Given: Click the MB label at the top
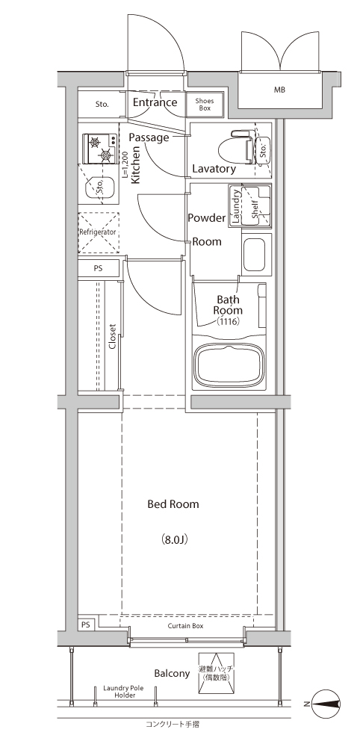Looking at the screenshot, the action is coord(279,90).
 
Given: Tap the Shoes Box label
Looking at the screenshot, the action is coord(205,105).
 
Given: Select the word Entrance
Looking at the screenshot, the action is coord(155,102).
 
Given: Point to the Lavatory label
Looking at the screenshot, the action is coord(214,169).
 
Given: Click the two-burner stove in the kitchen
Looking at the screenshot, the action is coord(101,148).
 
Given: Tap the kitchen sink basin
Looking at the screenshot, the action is coord(99,187).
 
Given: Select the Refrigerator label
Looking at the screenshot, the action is coord(98,232).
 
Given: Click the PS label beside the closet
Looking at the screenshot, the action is coord(98,268).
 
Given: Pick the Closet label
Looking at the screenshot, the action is coord(113,337).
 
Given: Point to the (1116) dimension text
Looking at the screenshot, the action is coord(228,321).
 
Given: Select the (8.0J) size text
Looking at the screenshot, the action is coord(173,540).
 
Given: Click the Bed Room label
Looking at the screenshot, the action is coord(173,504).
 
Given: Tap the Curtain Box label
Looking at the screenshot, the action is coord(186,625).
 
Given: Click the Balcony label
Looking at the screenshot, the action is coord(172,674).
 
